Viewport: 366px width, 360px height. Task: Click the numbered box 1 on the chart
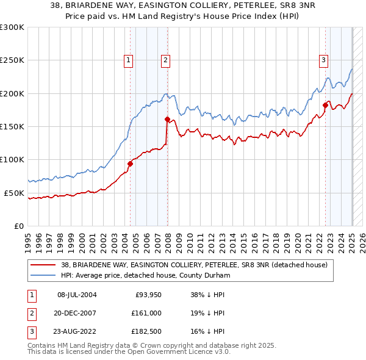pyautogui.click(x=129, y=60)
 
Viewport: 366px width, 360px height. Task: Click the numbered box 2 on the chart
pyautogui.click(x=166, y=60)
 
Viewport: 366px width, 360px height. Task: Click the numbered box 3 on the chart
pyautogui.click(x=323, y=60)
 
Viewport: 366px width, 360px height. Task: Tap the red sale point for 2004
pyautogui.click(x=130, y=164)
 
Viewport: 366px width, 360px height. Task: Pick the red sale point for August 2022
pyautogui.click(x=325, y=105)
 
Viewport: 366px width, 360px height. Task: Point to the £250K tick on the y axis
pyautogui.click(x=12, y=60)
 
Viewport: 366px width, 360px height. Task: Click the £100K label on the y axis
pyautogui.click(x=12, y=159)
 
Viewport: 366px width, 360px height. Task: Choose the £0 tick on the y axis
pyautogui.click(x=18, y=226)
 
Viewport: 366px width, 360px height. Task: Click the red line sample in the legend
pyautogui.click(x=43, y=265)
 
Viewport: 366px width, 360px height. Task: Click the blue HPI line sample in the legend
pyautogui.click(x=43, y=275)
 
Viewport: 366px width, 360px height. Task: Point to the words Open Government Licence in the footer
pyautogui.click(x=176, y=352)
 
